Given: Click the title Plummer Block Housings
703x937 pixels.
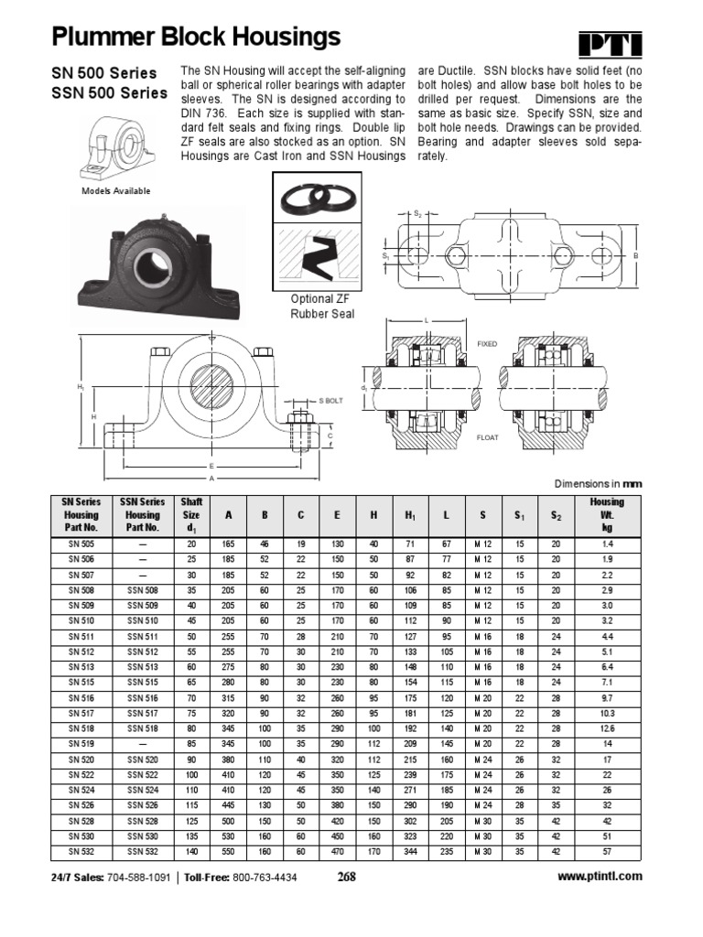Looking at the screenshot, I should (196, 38).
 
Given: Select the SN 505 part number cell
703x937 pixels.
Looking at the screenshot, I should (80, 544).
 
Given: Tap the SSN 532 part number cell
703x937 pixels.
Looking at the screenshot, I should (142, 851).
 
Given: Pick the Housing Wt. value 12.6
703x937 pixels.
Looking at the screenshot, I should (606, 728).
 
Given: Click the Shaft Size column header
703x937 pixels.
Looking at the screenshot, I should (191, 514).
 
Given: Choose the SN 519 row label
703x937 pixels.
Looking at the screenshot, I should (80, 743).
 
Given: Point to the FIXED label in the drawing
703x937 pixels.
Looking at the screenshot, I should (487, 344).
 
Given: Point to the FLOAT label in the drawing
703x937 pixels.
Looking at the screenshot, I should (487, 438).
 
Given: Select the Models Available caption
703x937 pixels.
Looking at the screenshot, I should (116, 191).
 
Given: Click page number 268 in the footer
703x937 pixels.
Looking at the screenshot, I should (345, 877).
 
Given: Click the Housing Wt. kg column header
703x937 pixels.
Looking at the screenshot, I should (606, 514).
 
